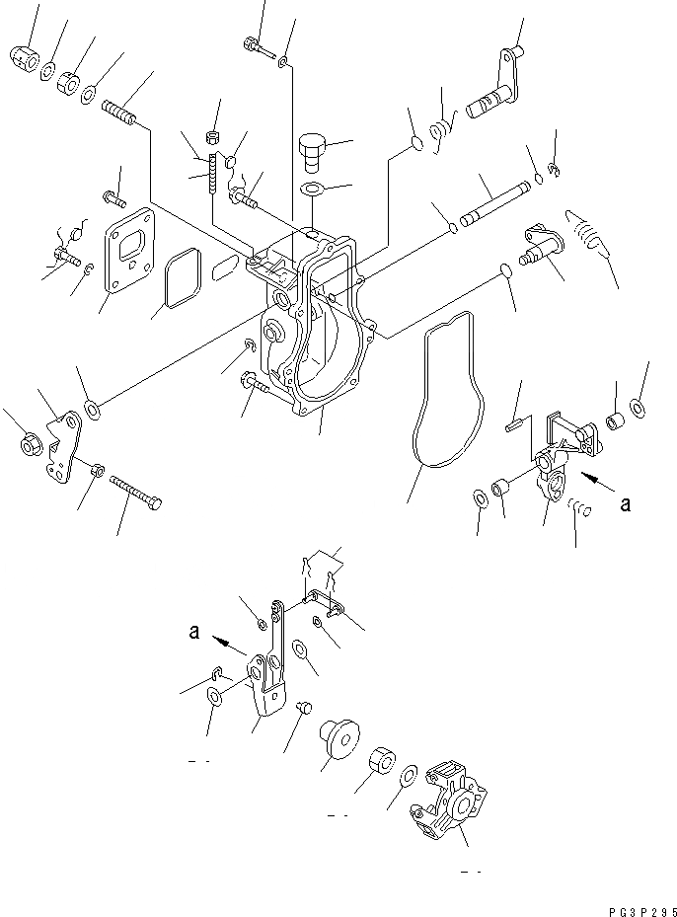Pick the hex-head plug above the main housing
[311, 151]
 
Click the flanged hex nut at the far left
[31, 446]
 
